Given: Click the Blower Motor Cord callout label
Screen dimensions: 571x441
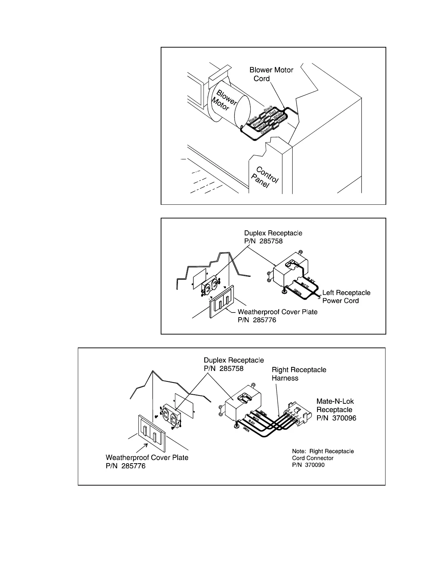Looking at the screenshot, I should [271, 74].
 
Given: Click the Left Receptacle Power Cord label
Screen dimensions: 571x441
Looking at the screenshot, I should [346, 297].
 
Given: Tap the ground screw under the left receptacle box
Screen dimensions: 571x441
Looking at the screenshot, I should [284, 291].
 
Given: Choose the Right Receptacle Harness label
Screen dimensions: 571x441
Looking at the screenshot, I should [299, 374].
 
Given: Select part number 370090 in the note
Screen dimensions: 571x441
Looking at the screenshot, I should [315, 465].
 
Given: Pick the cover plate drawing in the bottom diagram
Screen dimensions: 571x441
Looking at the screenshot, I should [151, 433].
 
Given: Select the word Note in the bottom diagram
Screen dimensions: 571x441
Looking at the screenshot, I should [299, 451].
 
